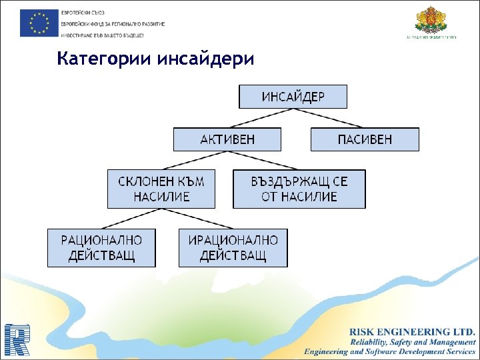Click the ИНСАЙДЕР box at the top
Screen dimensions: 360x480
[x=293, y=97]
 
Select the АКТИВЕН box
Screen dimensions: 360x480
[x=227, y=139]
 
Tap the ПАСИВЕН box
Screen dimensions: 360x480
[x=365, y=139]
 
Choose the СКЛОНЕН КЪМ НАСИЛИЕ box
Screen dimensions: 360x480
[x=161, y=189]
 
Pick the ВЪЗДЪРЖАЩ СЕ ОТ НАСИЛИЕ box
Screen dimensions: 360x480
[x=299, y=189]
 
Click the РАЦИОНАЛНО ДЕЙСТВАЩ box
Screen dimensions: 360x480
[x=101, y=248]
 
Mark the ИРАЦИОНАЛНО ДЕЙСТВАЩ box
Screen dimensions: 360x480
[x=233, y=248]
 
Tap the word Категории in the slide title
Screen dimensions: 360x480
[x=105, y=59]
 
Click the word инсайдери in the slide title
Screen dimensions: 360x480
[x=207, y=59]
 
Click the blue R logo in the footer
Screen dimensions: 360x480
[x=16, y=340]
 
